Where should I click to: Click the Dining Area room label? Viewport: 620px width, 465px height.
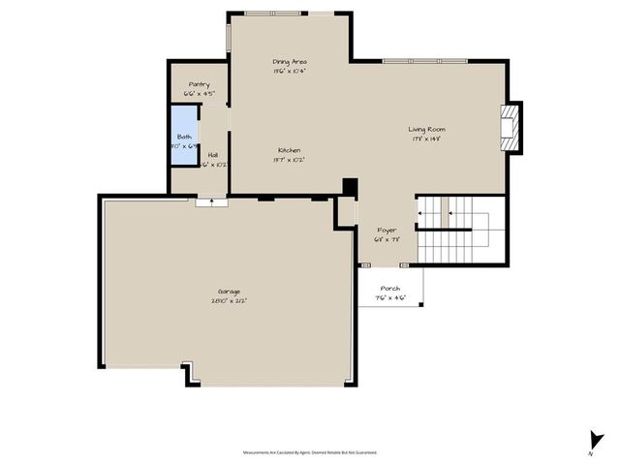point(290,61)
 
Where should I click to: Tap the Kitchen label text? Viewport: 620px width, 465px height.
point(289,150)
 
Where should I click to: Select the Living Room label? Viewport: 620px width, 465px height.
point(426,129)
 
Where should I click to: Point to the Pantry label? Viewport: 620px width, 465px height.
point(199,84)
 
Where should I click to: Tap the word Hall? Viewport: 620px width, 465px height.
point(212,154)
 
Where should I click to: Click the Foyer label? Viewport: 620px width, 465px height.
point(387,230)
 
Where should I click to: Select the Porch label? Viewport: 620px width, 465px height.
point(389,289)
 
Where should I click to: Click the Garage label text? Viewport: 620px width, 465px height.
point(229,292)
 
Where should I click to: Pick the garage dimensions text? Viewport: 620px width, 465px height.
point(229,301)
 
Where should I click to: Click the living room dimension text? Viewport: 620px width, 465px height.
point(426,139)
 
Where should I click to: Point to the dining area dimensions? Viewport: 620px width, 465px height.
point(290,71)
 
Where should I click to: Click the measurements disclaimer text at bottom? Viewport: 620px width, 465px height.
point(309,452)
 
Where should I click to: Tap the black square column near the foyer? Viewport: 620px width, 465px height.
point(351,188)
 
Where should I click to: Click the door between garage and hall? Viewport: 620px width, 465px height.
point(209,202)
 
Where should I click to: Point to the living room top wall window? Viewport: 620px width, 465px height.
point(426,61)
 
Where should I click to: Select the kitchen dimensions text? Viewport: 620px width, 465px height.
point(289,160)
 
